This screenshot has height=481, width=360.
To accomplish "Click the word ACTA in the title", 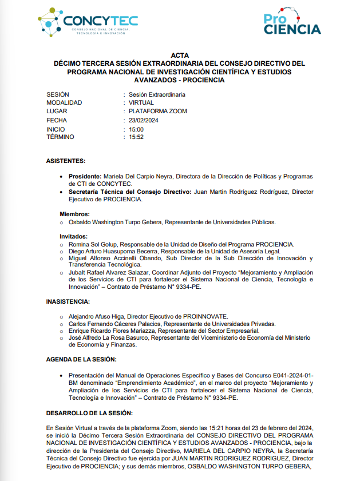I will coord(179,55).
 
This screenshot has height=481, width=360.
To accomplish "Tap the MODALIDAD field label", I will coord(64,103).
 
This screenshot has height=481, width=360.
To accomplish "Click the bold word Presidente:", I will coord(85,176).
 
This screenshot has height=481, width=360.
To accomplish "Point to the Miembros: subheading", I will coord(75,214).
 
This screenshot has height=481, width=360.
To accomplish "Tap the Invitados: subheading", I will coord(74,236).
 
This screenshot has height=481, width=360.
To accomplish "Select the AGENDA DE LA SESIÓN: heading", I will coord(81,359).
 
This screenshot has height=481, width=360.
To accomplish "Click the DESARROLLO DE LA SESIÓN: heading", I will coord(89,413).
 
